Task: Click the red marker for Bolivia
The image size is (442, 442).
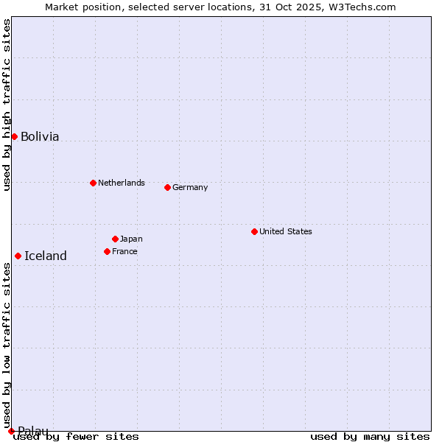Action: click(14, 136)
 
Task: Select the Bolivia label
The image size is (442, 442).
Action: click(40, 137)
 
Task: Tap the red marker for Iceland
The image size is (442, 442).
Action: click(18, 256)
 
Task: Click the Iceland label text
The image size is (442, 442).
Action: click(46, 256)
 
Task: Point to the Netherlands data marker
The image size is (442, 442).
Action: click(93, 183)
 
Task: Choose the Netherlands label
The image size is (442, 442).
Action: click(122, 183)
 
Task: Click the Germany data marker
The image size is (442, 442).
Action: click(167, 187)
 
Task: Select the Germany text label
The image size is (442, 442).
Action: click(190, 187)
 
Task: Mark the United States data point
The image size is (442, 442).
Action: click(254, 231)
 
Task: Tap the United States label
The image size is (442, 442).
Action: click(286, 231)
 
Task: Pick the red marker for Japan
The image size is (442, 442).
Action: click(115, 239)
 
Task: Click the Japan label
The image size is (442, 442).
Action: click(131, 239)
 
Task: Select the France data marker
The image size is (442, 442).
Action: click(107, 251)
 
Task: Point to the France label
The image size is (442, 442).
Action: click(124, 251)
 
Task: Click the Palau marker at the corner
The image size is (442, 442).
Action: click(11, 431)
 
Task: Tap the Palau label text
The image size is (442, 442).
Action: click(33, 431)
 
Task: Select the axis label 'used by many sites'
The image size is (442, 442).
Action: click(370, 437)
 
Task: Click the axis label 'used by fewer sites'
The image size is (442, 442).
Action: click(77, 437)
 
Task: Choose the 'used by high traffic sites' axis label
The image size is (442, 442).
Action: click(7, 105)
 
